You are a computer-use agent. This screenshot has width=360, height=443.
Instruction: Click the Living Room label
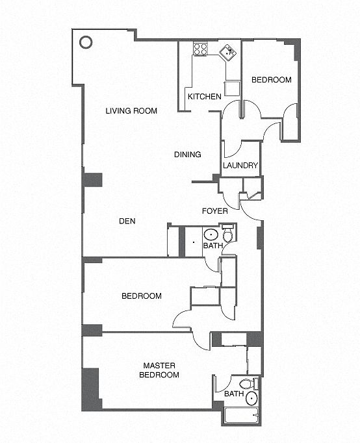pyautogui.click(x=131, y=110)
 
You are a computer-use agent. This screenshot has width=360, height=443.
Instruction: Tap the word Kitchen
pyautogui.click(x=205, y=97)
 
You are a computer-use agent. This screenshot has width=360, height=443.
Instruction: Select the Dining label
pyautogui.click(x=188, y=155)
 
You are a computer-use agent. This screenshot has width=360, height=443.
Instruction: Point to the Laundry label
pyautogui.click(x=240, y=165)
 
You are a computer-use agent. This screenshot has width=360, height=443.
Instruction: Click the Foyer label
pyautogui.click(x=215, y=211)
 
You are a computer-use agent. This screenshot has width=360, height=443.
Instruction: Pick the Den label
pyautogui.click(x=127, y=221)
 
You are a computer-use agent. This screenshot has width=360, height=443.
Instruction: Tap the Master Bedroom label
pyautogui.click(x=159, y=370)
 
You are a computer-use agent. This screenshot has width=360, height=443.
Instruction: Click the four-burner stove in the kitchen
pyautogui.click(x=200, y=49)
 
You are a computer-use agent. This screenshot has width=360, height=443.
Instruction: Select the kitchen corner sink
pyautogui.click(x=228, y=52)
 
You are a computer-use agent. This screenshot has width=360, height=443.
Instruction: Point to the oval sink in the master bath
pyautogui.click(x=251, y=398)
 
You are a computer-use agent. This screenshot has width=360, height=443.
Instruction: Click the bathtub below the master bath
pyautogui.click(x=241, y=416)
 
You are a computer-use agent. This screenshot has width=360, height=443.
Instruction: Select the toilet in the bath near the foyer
pyautogui.click(x=228, y=233)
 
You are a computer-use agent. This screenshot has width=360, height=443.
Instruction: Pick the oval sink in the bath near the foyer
pyautogui.click(x=211, y=234)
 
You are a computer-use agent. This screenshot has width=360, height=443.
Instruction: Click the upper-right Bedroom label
pyautogui.click(x=272, y=80)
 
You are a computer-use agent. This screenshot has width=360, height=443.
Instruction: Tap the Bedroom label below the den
pyautogui.click(x=142, y=296)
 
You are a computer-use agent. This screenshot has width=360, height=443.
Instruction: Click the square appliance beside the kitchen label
pyautogui.click(x=232, y=88)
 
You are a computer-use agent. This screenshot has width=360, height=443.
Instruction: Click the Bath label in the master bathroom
pyautogui.click(x=234, y=394)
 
